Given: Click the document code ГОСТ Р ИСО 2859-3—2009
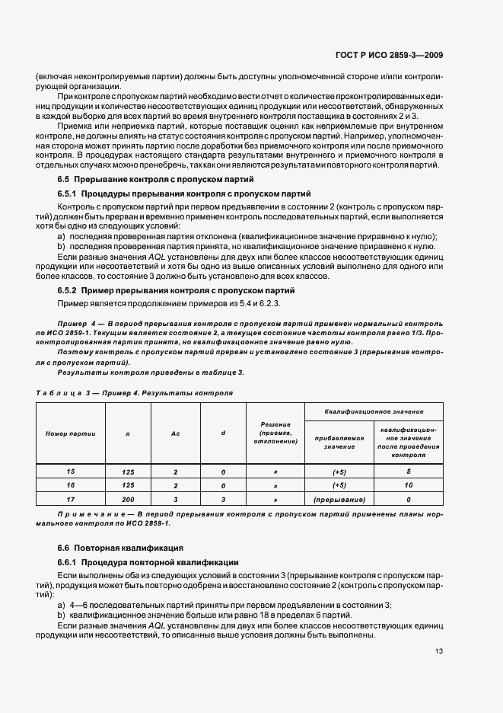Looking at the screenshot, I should [411, 55].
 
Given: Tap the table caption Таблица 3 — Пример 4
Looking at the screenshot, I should [134, 392].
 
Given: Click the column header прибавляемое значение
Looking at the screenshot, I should [339, 443].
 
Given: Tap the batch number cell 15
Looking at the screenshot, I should [71, 472].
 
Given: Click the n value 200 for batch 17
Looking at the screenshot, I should [128, 500].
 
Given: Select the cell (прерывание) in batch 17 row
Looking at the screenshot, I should [339, 500].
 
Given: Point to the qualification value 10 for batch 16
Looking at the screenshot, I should [408, 485].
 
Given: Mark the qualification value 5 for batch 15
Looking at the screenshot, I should [408, 472].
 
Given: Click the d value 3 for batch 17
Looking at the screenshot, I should [223, 500].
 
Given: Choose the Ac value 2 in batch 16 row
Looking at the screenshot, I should [175, 485].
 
